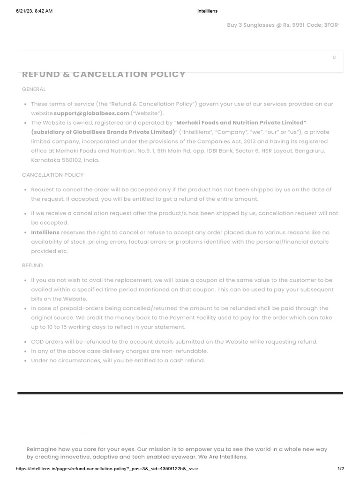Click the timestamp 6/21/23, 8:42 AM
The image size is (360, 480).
coord(34,11)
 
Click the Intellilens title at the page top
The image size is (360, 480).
coord(208,11)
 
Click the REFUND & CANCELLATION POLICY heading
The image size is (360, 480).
coord(104,74)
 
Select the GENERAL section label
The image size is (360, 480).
coord(34,89)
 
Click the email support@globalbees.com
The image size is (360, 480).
coord(91,113)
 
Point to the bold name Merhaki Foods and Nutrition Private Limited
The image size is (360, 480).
coord(241,122)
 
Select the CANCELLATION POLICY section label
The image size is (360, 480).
coord(52,175)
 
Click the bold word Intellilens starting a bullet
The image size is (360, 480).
coord(45,232)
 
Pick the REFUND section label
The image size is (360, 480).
coord(32,265)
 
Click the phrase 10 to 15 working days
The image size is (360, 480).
coord(64,327)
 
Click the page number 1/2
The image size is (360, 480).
coord(341,469)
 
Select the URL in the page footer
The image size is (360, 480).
coord(107,469)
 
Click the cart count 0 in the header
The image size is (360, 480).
coord(334,58)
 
